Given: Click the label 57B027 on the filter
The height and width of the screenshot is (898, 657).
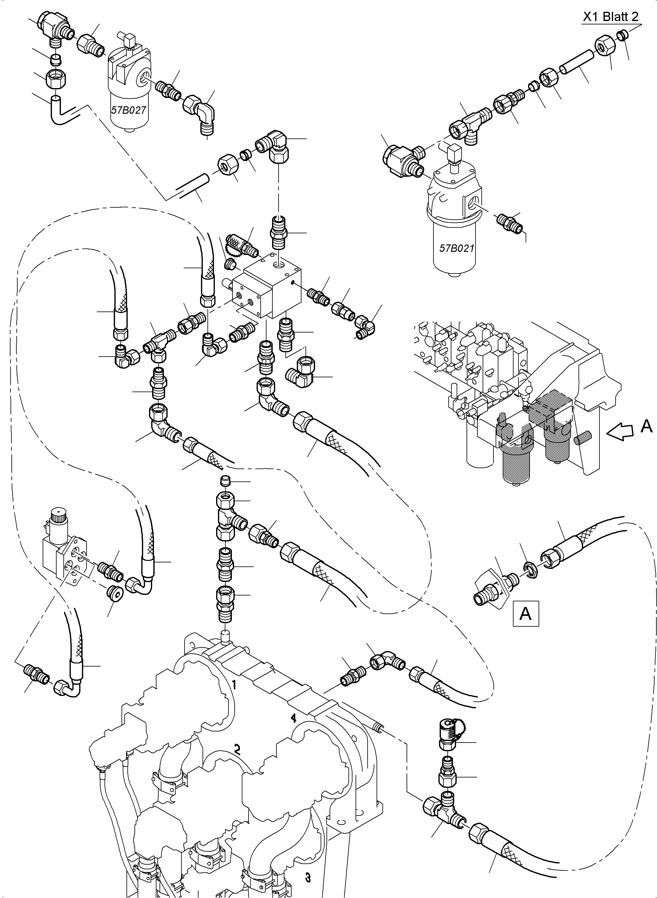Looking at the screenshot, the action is pos(128,110).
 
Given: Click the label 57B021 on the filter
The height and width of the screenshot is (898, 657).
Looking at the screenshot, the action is pos(457,248).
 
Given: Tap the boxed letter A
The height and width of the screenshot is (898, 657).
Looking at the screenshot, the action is pos(526,614).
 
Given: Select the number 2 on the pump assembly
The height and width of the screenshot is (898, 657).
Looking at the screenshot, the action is pos(237,749).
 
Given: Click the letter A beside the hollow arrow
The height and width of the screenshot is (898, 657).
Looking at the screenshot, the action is pos(647,426).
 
